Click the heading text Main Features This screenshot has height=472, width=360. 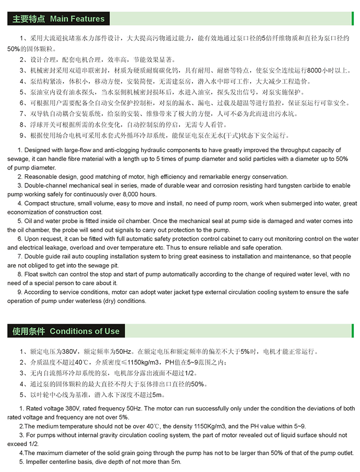pyautogui.click(x=77, y=19)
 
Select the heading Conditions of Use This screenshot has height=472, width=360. pyautogui.click(x=84, y=331)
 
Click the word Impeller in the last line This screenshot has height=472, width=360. pyautogui.click(x=38, y=462)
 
